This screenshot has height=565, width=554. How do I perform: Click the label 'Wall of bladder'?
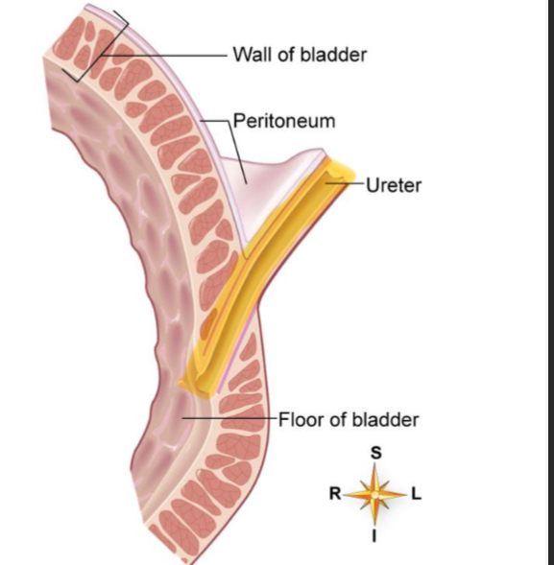(x=300, y=54)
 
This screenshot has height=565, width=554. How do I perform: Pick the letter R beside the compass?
(x=334, y=495)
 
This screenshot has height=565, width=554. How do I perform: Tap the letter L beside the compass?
(x=416, y=495)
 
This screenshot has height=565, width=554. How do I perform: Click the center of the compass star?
(x=374, y=495)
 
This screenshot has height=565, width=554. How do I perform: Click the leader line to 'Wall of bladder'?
(x=173, y=55)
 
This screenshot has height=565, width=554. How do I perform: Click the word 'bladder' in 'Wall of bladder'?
(x=335, y=54)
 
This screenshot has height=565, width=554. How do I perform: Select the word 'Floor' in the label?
(x=298, y=419)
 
